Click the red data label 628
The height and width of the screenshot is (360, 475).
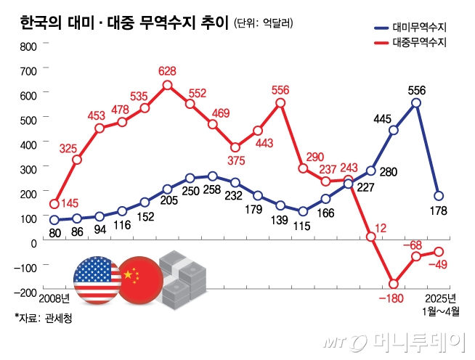point(167,70)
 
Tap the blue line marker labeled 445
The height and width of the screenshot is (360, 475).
point(394,131)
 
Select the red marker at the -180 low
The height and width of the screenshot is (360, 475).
point(394,284)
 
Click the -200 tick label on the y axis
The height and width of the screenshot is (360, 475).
point(24,292)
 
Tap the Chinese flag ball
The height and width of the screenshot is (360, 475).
point(139,278)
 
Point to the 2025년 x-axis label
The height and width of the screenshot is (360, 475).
point(439,298)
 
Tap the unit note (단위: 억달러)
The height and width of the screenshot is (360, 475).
point(264,24)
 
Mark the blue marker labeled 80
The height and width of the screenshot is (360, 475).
point(54,219)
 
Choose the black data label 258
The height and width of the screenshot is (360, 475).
point(213,191)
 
